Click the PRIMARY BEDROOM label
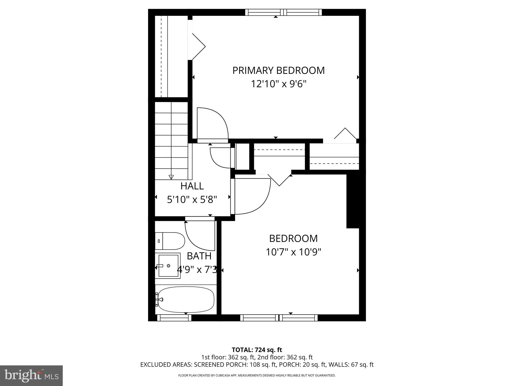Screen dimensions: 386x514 coord(278,71)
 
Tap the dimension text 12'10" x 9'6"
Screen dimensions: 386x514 coord(279,84)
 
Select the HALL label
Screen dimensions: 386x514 coord(192,186)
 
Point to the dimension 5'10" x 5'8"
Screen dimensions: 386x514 coord(192,200)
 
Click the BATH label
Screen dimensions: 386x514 coord(199,256)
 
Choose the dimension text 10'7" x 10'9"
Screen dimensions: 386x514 coord(293,252)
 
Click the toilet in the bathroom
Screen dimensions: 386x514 coord(170,241)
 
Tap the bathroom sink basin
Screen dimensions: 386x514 coord(169,265)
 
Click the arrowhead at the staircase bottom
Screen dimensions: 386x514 coord(171,177)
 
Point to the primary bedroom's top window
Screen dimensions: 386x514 coord(283,12)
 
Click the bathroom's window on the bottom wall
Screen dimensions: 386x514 coord(174,318)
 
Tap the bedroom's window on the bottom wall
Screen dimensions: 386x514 coord(279,318)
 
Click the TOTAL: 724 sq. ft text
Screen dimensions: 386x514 coord(257,350)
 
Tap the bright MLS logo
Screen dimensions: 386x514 coord(31,376)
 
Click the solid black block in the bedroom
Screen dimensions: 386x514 coord(353,201)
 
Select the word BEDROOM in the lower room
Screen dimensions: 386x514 coord(293,238)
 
